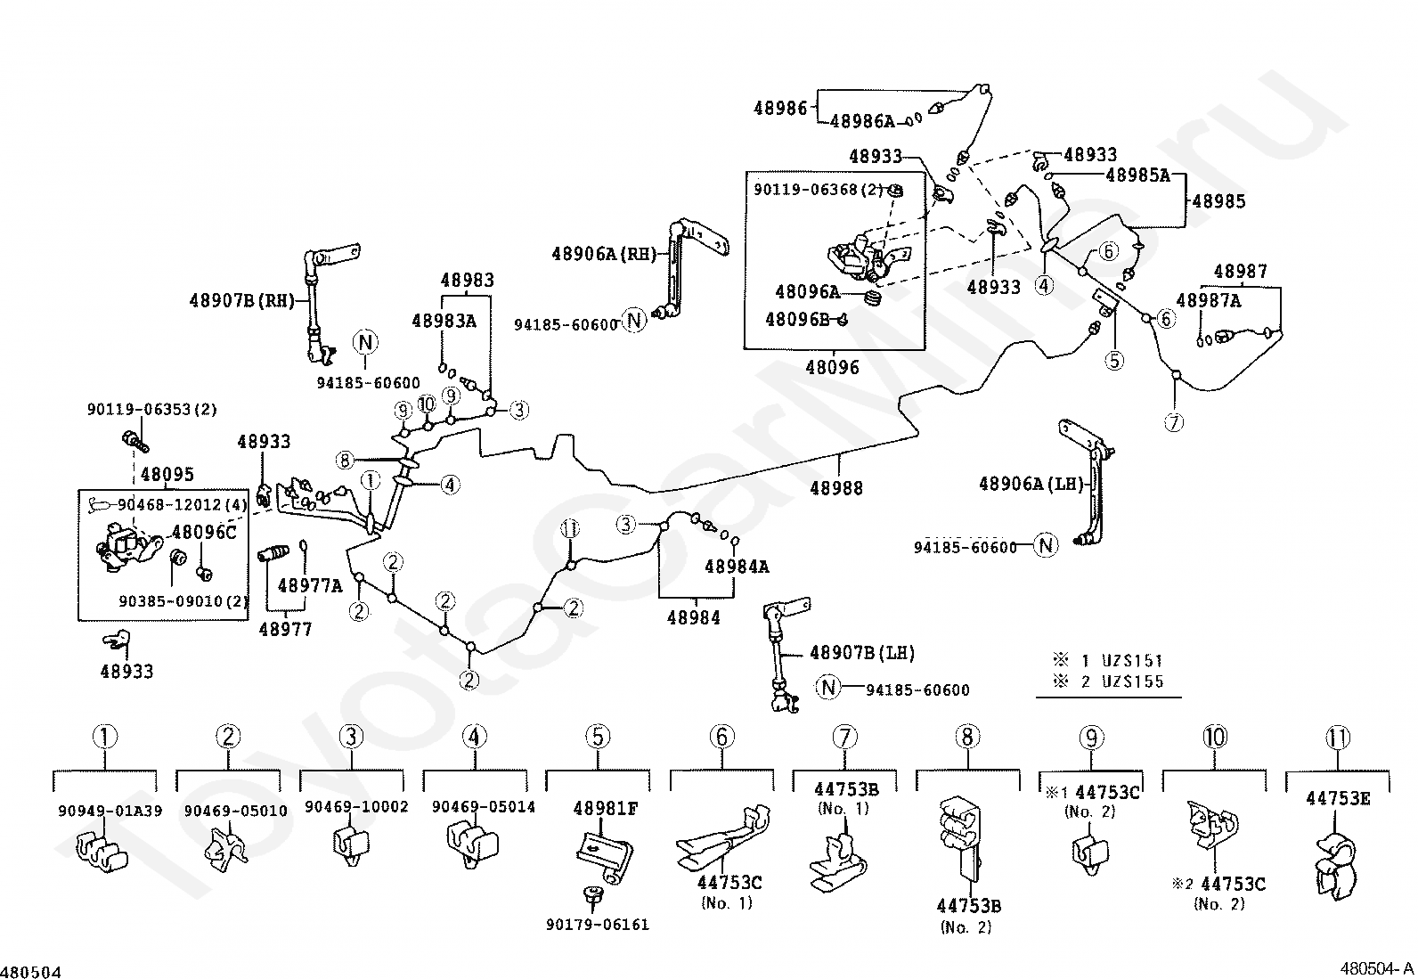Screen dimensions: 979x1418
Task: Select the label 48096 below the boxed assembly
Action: coord(832,367)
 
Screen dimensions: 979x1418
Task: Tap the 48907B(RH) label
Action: coord(240,300)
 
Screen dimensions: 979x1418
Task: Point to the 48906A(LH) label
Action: coord(1031,484)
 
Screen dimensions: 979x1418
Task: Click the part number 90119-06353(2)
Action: coord(152,410)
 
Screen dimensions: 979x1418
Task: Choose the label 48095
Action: coord(167,474)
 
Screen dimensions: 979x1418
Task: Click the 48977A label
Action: coord(309,585)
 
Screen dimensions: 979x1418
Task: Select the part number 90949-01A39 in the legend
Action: coord(110,811)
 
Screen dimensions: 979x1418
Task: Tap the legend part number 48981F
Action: coord(605,809)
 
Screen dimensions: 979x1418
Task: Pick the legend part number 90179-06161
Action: coord(597,925)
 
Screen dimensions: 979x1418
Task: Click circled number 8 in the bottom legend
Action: coord(967,737)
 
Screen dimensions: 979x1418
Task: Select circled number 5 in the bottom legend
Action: coord(598,737)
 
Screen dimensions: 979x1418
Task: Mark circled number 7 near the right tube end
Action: coord(1174,422)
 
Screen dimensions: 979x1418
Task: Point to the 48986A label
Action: coord(861,121)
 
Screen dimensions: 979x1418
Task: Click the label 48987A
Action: coord(1208,300)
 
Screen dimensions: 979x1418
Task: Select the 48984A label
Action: coord(737,567)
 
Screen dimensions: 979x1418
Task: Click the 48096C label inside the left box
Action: coord(204,532)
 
